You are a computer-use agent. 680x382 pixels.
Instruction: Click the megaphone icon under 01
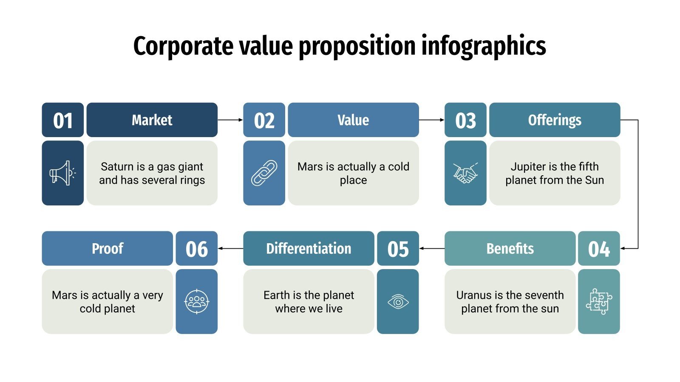click(62, 173)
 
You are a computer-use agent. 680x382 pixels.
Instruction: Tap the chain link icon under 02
click(264, 173)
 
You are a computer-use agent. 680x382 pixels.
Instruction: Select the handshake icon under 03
click(465, 173)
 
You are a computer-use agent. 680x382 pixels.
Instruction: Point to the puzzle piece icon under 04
click(599, 302)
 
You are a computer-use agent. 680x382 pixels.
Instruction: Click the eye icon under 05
click(398, 302)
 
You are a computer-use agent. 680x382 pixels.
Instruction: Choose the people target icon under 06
click(196, 302)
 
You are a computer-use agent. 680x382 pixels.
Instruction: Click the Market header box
click(152, 120)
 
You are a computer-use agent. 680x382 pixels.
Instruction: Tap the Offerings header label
click(555, 120)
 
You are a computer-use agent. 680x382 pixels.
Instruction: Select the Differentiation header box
click(309, 249)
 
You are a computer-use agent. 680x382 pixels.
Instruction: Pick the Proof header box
click(107, 249)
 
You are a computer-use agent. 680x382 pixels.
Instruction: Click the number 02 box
click(264, 120)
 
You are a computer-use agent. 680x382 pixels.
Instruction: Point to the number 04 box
click(599, 249)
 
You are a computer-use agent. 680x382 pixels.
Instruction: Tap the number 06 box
click(196, 249)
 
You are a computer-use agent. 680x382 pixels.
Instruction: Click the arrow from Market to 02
click(230, 120)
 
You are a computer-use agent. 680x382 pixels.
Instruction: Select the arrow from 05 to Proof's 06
click(230, 248)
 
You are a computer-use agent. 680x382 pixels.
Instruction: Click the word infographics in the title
click(484, 46)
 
